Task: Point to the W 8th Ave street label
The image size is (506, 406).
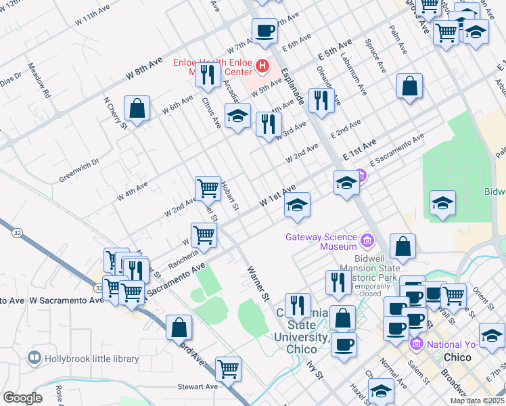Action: point(144,69)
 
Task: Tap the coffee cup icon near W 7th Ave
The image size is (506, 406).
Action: point(264,30)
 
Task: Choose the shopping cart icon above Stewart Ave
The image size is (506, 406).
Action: point(229,369)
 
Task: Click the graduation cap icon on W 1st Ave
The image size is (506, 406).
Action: point(296,205)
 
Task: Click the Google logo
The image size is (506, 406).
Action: point(22,397)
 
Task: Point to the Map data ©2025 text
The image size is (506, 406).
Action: point(477,401)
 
